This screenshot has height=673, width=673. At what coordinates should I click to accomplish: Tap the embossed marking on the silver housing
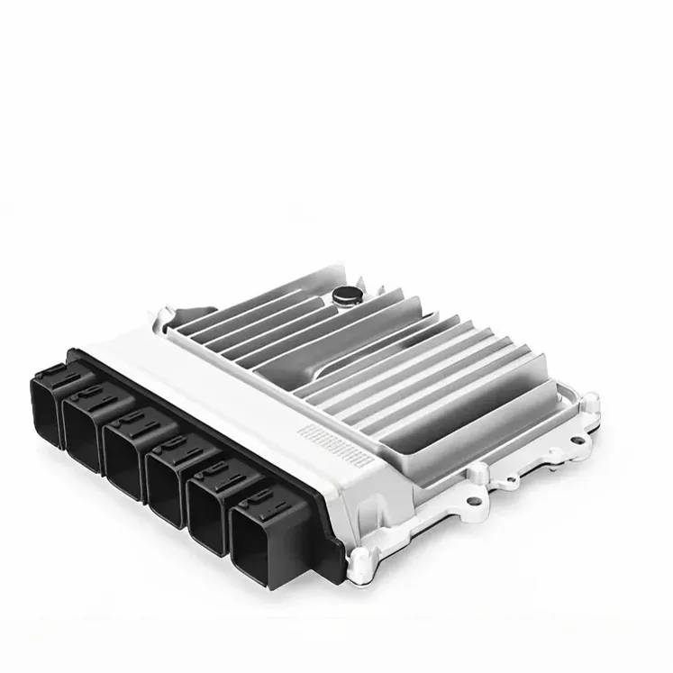point(336,442)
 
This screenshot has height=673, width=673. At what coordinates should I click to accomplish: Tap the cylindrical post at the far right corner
point(587,402)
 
